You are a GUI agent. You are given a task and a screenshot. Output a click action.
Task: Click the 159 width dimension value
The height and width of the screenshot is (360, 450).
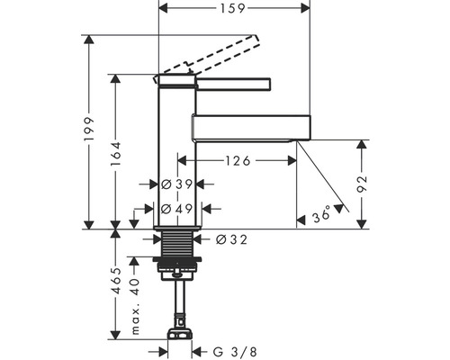tap(233, 8)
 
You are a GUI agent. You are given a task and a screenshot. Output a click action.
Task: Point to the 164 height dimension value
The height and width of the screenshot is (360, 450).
tap(115, 154)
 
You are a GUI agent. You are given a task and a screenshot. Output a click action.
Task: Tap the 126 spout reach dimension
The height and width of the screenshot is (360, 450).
tap(238, 161)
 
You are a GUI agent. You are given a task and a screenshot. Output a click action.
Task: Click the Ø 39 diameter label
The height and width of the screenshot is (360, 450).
tap(176, 184)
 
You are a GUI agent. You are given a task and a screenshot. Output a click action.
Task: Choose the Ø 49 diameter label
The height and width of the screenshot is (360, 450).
tap(176, 209)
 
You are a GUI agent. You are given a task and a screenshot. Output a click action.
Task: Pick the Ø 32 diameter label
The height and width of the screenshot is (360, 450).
tap(231, 239)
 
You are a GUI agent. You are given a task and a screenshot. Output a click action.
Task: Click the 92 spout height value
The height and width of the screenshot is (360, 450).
tap(362, 184)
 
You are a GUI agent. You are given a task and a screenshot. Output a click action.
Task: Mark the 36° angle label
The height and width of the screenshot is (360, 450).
tap(321, 215)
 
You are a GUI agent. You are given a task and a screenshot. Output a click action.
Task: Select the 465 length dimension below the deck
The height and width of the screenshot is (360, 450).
tap(115, 281)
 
